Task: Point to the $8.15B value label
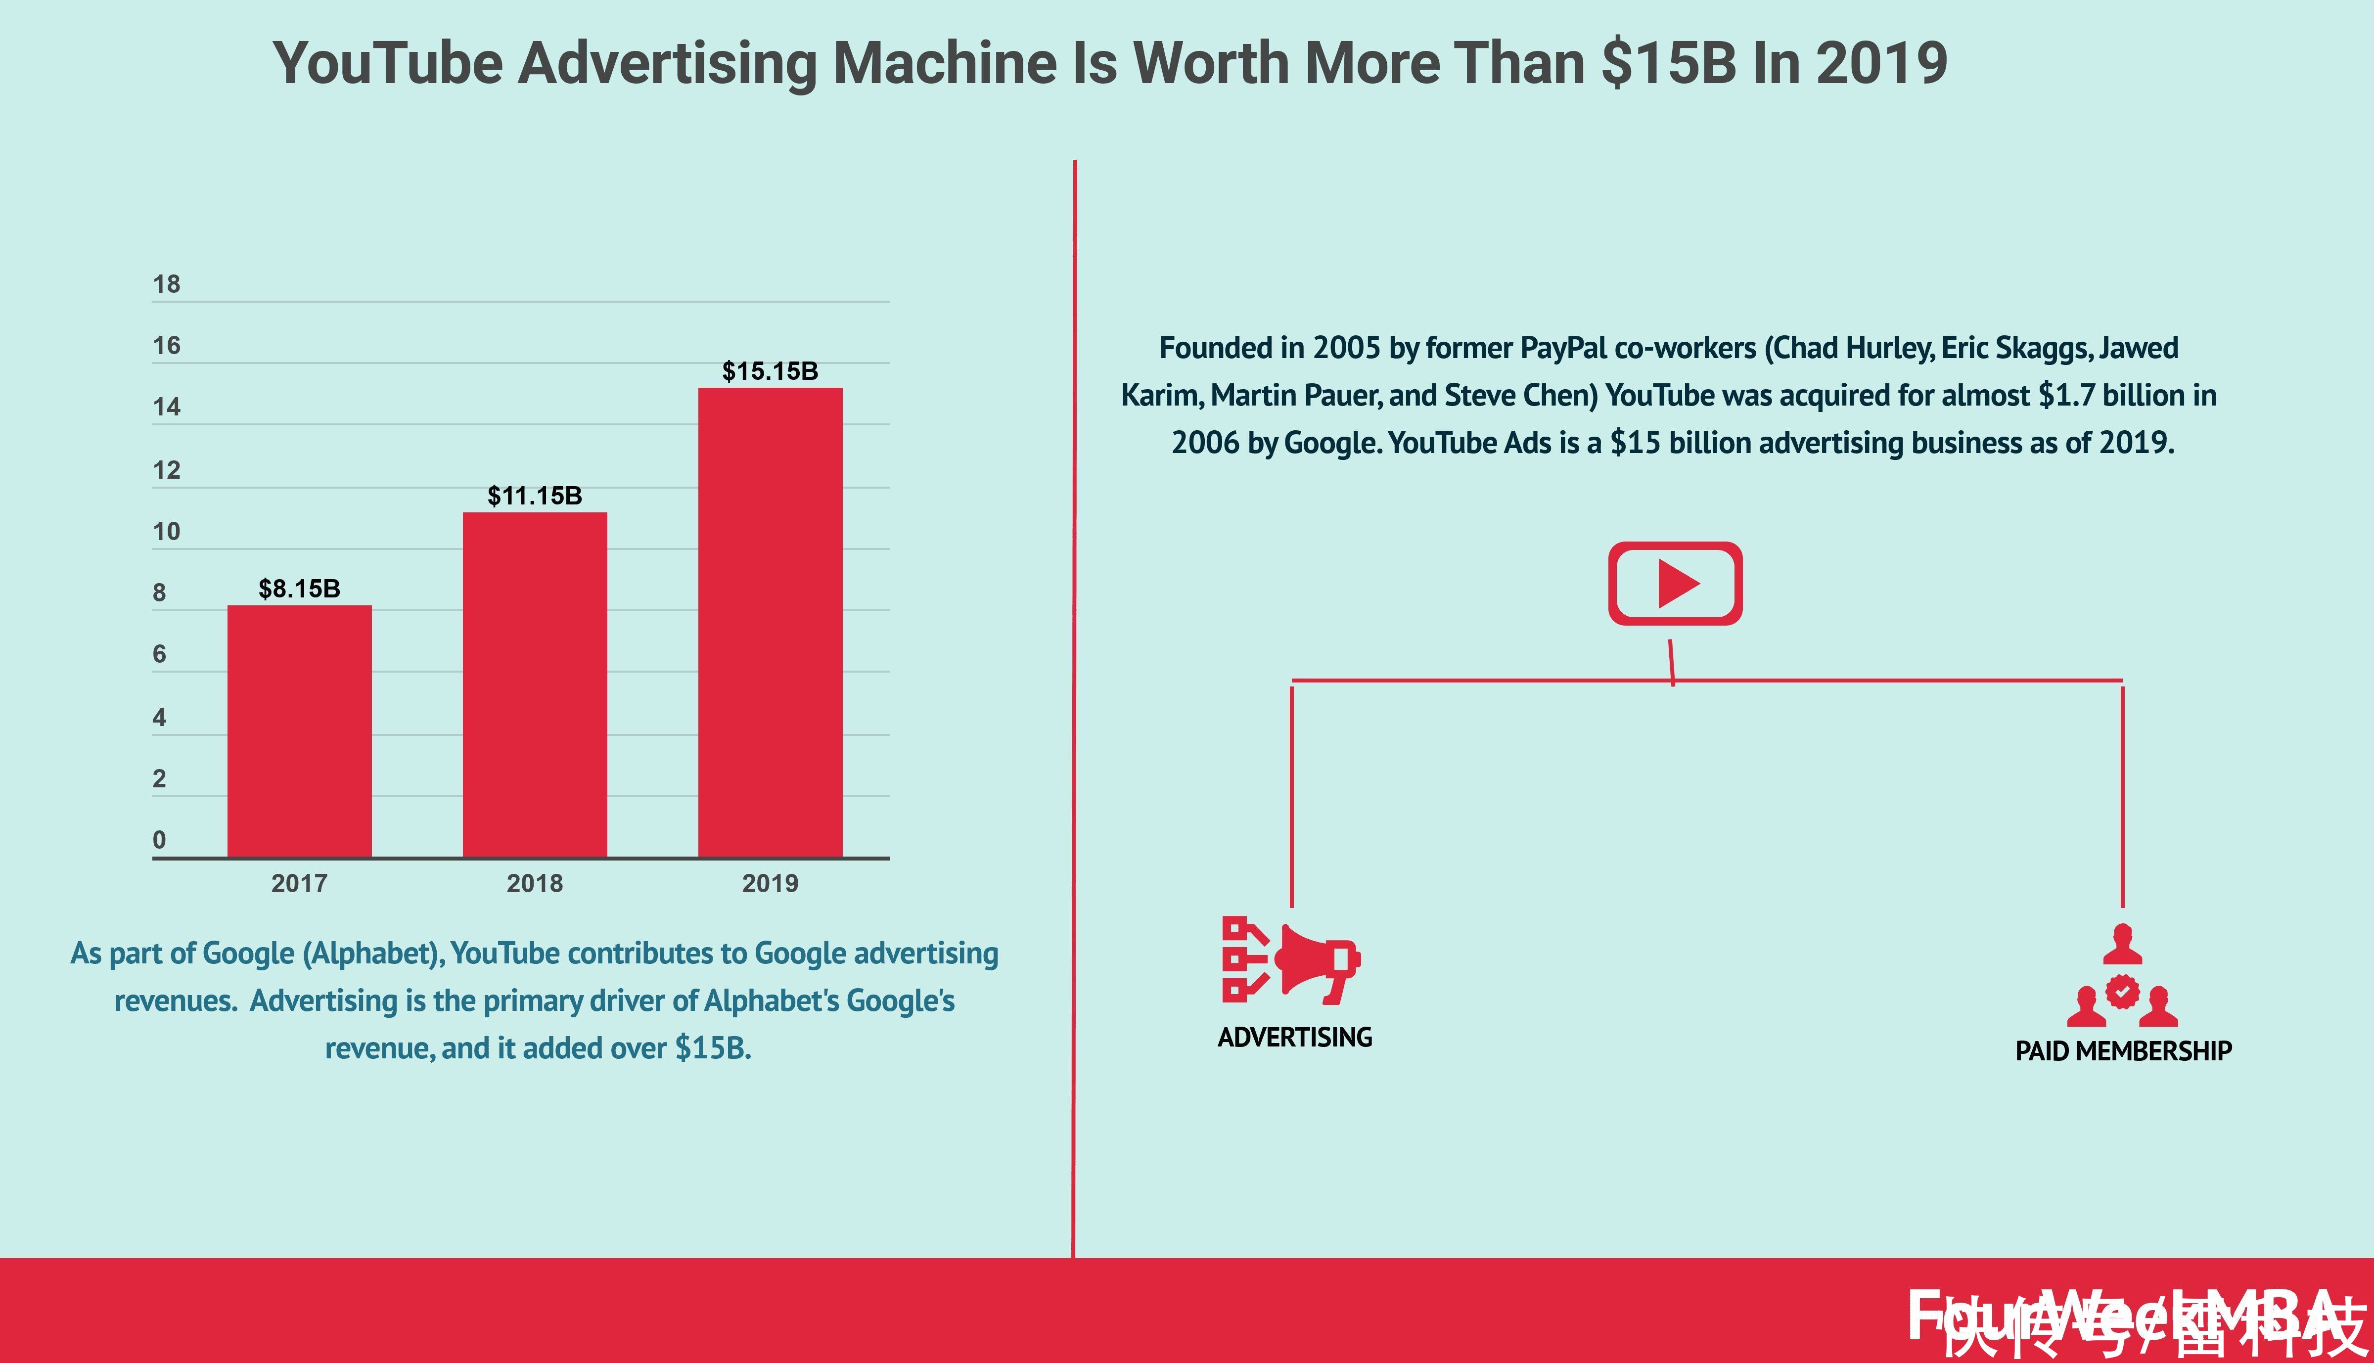click(x=300, y=589)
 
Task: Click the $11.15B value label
click(x=535, y=496)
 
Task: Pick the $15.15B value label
click(x=771, y=371)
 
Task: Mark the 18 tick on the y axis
click(x=167, y=284)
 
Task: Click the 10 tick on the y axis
click(x=167, y=532)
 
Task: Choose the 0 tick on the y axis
click(x=159, y=840)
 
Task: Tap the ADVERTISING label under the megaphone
click(x=1295, y=1037)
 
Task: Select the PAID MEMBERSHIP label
click(x=2123, y=1051)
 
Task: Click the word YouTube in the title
click(x=388, y=64)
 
